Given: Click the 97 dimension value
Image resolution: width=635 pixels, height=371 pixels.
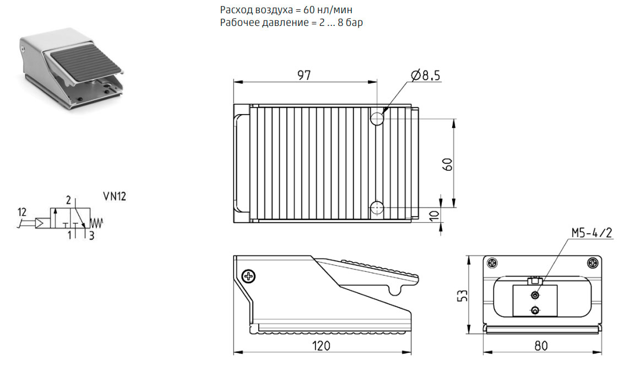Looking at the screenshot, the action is [x=303, y=75].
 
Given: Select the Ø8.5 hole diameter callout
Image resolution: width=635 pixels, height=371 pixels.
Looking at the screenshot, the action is [x=425, y=76].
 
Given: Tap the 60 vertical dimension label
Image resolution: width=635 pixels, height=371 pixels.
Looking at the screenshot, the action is [x=447, y=164].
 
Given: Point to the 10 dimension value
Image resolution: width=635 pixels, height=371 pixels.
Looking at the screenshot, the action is [x=434, y=216].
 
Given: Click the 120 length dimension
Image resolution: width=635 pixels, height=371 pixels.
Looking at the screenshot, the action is [x=321, y=346].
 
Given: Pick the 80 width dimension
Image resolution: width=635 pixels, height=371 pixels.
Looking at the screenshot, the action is [x=541, y=346].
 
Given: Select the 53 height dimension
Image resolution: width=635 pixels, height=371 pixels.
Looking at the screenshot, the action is [x=463, y=295].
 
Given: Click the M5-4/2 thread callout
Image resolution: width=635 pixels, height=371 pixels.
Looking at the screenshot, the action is [x=591, y=233].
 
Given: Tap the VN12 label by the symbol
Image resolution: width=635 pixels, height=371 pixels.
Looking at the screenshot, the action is [x=115, y=196].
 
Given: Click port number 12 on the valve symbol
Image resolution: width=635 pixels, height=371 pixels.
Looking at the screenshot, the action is [x=22, y=212].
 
